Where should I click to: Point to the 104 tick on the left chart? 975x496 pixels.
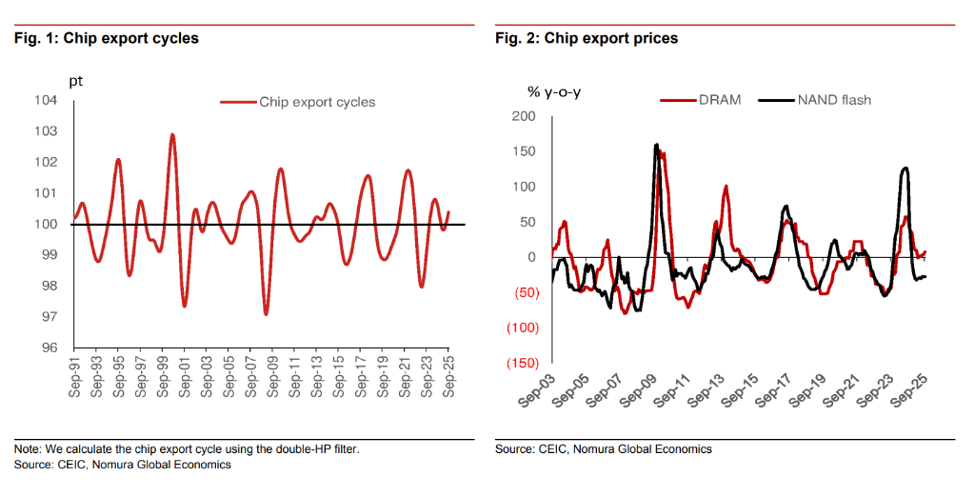click(x=46, y=100)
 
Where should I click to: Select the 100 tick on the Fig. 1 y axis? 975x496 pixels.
click(x=46, y=224)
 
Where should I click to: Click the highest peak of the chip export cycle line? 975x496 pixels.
click(x=172, y=134)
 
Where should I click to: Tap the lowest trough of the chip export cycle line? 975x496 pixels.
click(x=266, y=314)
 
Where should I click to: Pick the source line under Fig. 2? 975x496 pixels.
click(x=604, y=449)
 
